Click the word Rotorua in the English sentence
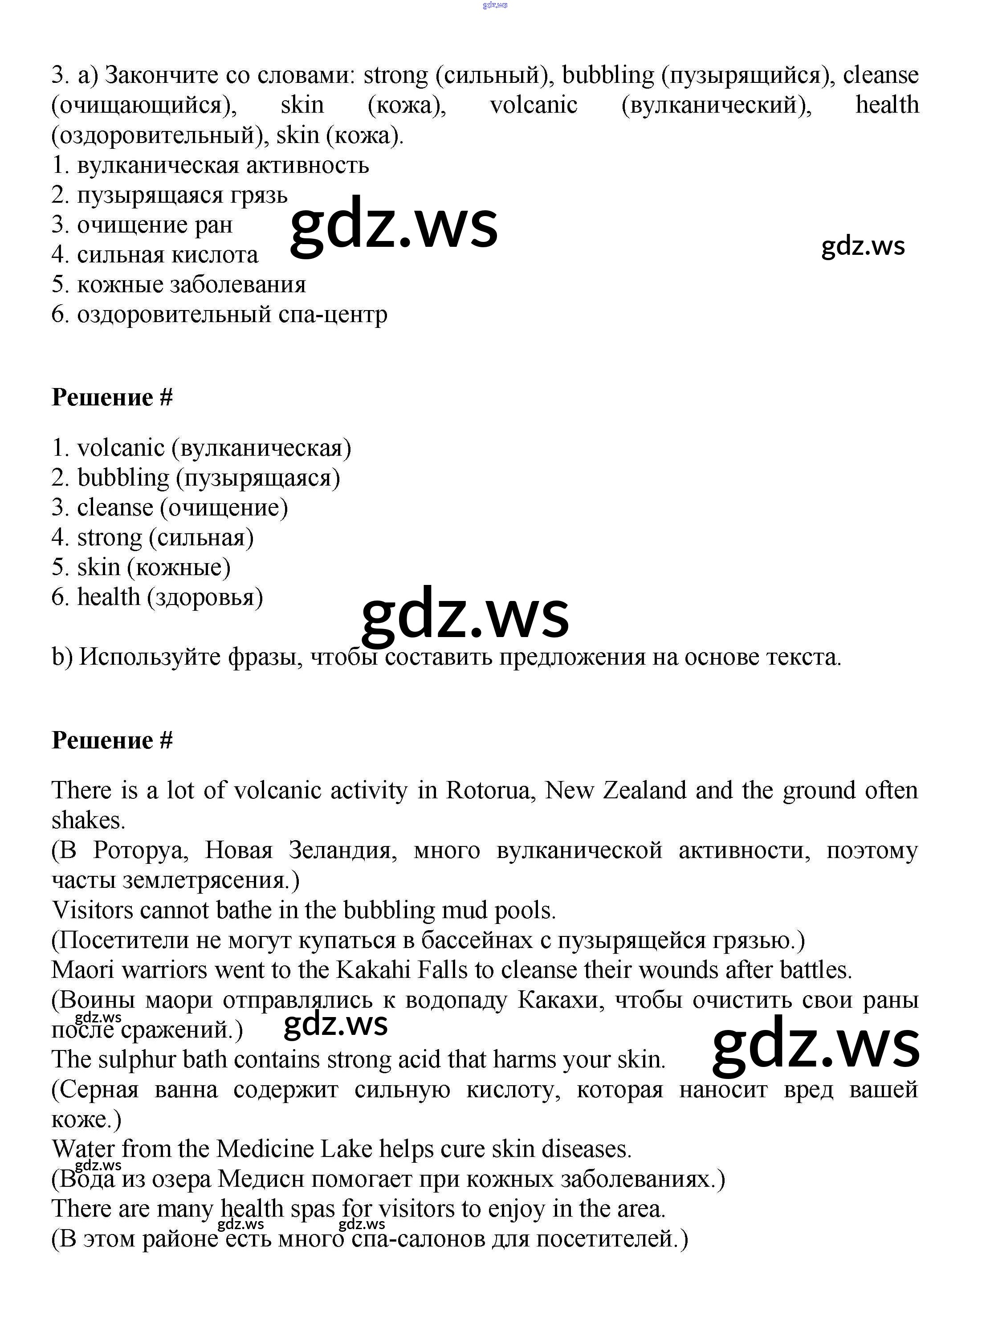tap(487, 791)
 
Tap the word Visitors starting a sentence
tap(93, 911)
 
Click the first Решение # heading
tap(112, 397)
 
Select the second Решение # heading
tap(112, 740)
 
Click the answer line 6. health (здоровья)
tap(158, 597)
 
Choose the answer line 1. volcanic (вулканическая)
tap(202, 448)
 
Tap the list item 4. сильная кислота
tap(155, 255)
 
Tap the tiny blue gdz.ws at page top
tap(494, 5)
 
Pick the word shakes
tap(88, 821)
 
